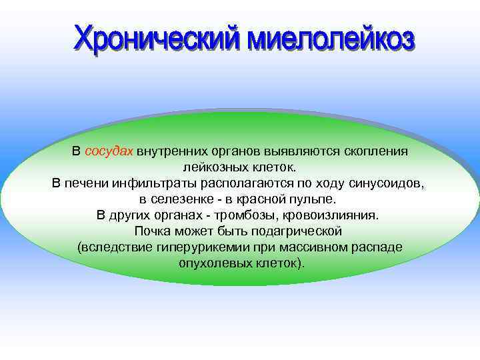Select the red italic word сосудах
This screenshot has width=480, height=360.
click(109, 151)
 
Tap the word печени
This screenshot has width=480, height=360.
click(86, 183)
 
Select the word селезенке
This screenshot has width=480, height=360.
click(181, 199)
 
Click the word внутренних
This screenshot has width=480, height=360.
click(174, 151)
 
